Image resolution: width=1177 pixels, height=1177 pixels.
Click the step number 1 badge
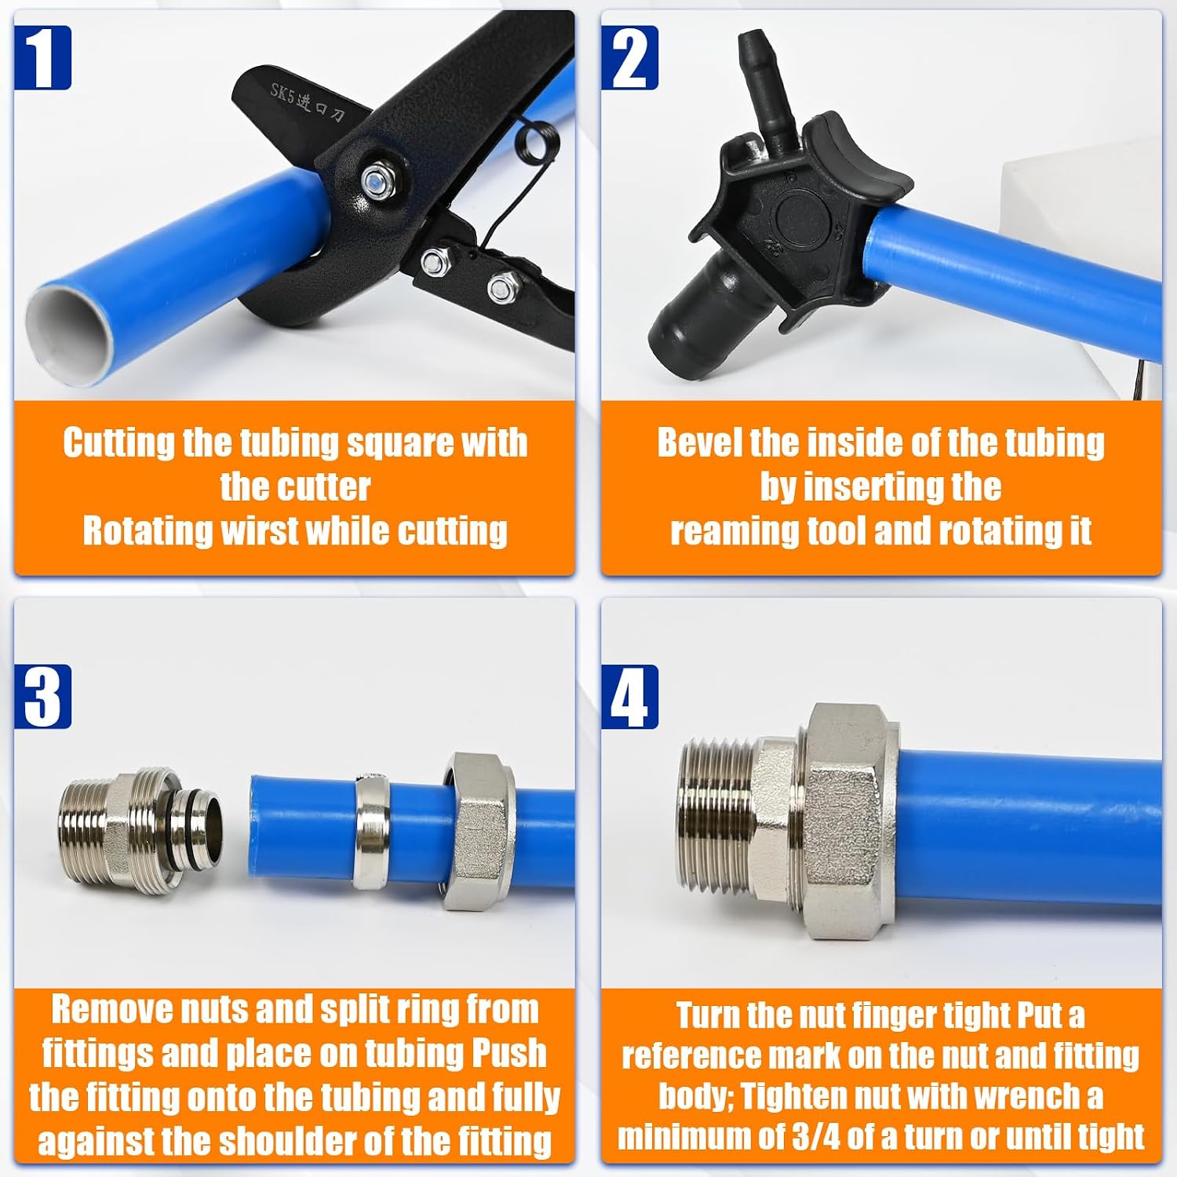tap(42, 57)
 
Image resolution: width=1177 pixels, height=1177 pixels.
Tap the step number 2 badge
tap(629, 57)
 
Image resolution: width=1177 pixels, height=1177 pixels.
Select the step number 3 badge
tap(42, 696)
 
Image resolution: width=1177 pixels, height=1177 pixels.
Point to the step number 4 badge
tap(629, 696)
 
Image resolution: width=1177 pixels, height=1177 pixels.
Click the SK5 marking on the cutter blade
tap(281, 93)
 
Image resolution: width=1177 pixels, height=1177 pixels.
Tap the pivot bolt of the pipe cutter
tap(375, 182)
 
